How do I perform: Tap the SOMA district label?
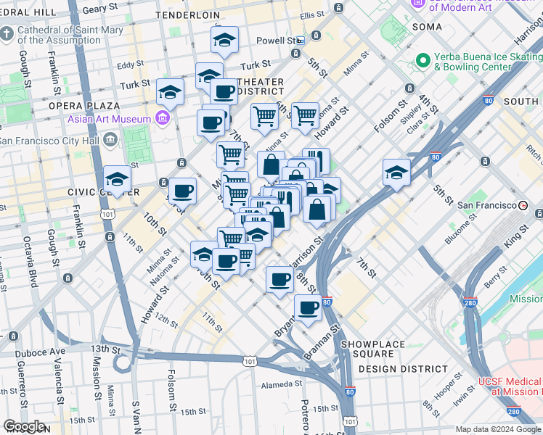point(427,27)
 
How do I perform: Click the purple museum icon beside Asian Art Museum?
point(163,118)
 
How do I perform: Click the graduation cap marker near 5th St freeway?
point(397,173)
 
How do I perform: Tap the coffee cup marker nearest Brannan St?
point(308,307)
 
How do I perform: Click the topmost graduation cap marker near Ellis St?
point(225,40)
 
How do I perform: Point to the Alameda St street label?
point(272,385)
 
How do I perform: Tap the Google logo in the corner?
point(25,426)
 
